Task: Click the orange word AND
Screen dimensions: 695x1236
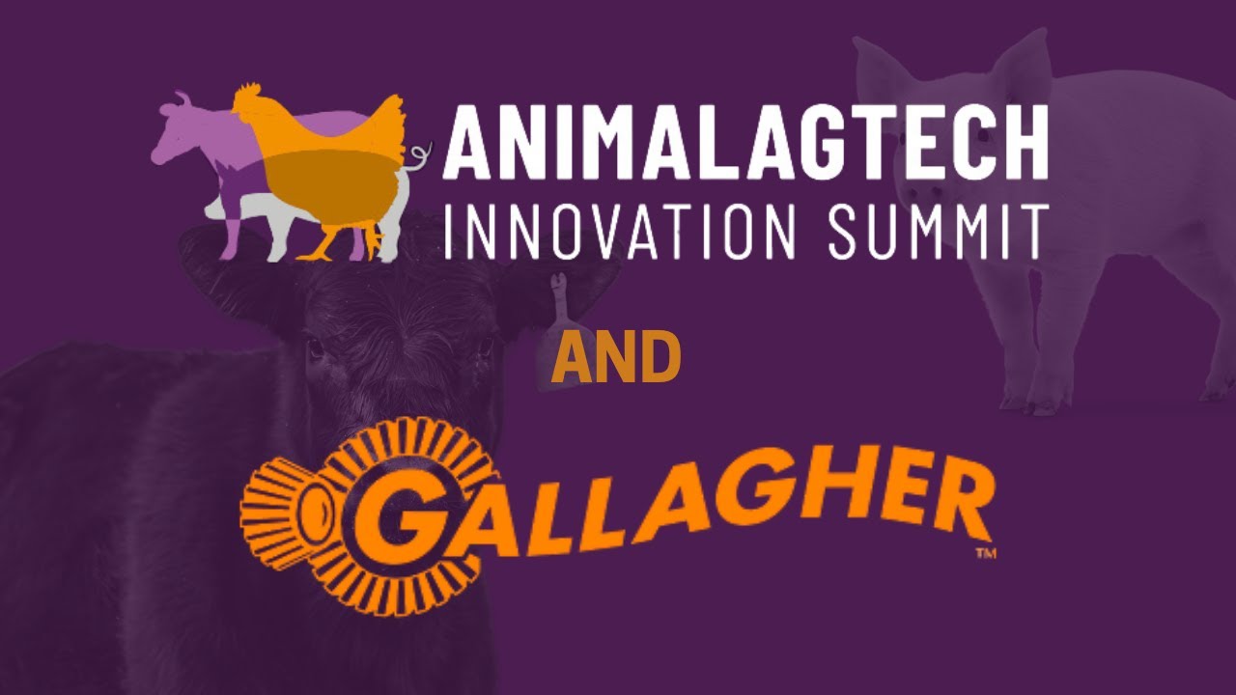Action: (616, 358)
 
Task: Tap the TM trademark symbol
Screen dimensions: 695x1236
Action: (985, 554)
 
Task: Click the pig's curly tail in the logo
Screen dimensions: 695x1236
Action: (419, 154)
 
